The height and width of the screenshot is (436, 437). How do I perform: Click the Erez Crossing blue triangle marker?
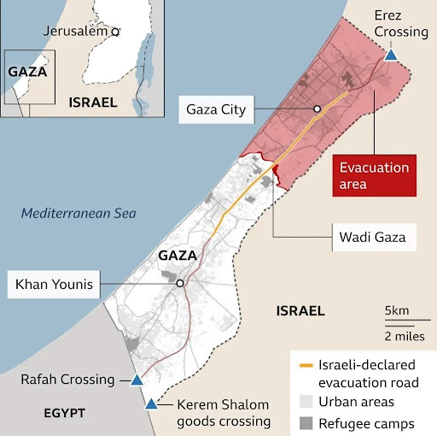click(390, 55)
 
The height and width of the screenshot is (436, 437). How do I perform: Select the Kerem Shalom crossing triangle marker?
click(151, 404)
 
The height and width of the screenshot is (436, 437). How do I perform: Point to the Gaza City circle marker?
click(317, 109)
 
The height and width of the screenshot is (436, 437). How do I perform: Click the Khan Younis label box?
click(50, 284)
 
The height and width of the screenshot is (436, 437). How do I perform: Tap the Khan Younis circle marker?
click(180, 284)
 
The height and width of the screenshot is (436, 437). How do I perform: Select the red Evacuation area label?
click(374, 175)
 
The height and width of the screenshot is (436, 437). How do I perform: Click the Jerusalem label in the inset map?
click(75, 31)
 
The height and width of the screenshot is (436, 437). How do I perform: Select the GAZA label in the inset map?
click(27, 71)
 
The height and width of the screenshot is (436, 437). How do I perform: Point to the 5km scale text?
click(397, 309)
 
